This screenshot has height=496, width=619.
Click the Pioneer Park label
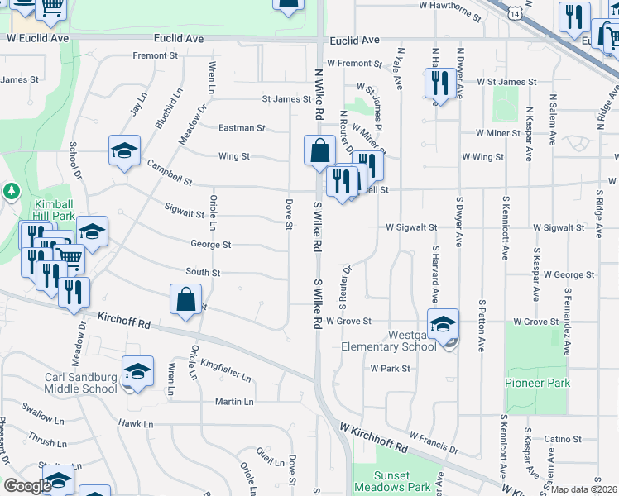pyautogui.click(x=538, y=384)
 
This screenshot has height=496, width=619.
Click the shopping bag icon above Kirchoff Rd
pyautogui.click(x=186, y=298)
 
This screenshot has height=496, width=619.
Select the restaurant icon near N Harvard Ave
pyautogui.click(x=439, y=82)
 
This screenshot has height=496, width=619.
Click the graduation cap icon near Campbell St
pyautogui.click(x=124, y=150)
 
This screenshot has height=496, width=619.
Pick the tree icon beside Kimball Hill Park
pyautogui.click(x=11, y=192)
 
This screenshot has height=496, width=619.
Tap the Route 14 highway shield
pyautogui.click(x=516, y=14)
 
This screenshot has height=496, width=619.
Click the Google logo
pyautogui.click(x=27, y=486)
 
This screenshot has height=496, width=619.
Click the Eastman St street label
pyautogui.click(x=242, y=128)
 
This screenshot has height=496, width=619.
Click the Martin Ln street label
pyautogui.click(x=234, y=402)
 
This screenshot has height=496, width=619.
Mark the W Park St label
pyautogui.click(x=391, y=368)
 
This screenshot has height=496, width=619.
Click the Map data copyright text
pyautogui.click(x=584, y=489)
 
